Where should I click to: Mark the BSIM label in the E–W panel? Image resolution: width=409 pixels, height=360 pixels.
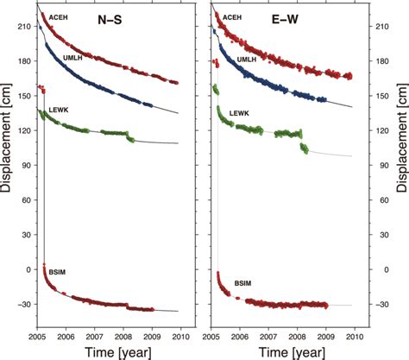tap(243, 282)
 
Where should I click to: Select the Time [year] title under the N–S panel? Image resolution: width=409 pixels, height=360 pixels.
tap(108, 352)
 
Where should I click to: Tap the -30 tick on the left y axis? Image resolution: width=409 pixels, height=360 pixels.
tap(23, 304)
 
